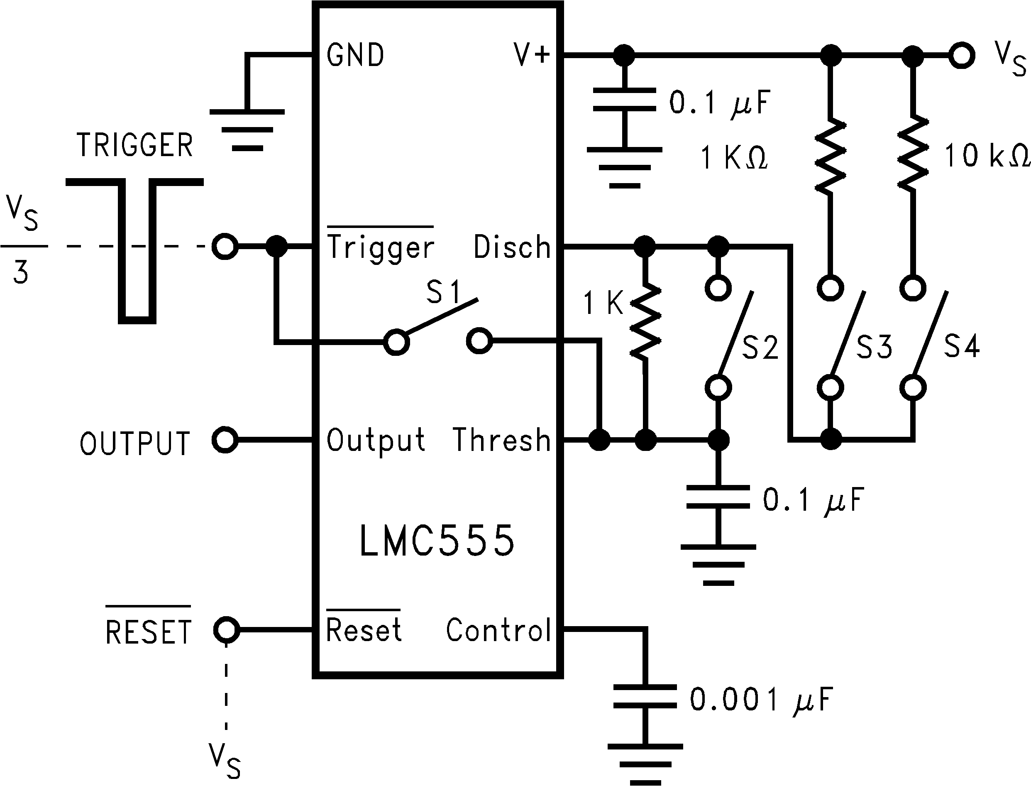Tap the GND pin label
pyautogui.click(x=355, y=55)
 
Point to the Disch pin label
pyautogui.click(x=512, y=247)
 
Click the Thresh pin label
pyautogui.click(x=502, y=440)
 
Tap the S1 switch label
pyautogui.click(x=443, y=292)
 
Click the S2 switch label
pyautogui.click(x=760, y=348)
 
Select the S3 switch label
pyautogui.click(x=874, y=347)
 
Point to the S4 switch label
pyautogui.click(x=961, y=346)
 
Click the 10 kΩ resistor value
pyautogui.click(x=987, y=156)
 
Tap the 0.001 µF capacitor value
pyautogui.click(x=761, y=700)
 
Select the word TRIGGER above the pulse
pyautogui.click(x=134, y=145)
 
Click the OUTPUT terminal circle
pyautogui.click(x=225, y=440)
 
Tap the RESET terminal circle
pyautogui.click(x=226, y=630)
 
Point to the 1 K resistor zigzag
pyautogui.click(x=645, y=322)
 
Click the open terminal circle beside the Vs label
pyautogui.click(x=961, y=56)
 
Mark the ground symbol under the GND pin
pyautogui.click(x=247, y=130)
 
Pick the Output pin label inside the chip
pyautogui.click(x=376, y=440)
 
